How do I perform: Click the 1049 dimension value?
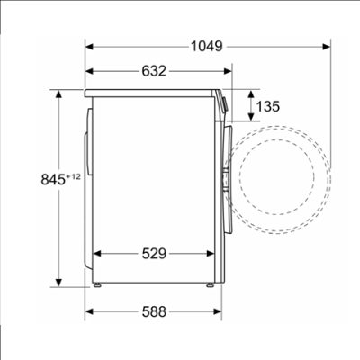coord(207,47)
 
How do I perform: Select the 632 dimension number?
coord(154,71)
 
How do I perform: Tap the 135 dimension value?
coord(268,106)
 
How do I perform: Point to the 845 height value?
coord(53,180)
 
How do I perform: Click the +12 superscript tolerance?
coord(74,177)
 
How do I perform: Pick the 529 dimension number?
coord(154,254)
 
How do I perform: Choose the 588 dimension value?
coord(154,311)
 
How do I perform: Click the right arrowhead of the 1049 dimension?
coord(327,47)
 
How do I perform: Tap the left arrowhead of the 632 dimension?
coord(90,71)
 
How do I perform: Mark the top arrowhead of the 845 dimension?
coord(58,94)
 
